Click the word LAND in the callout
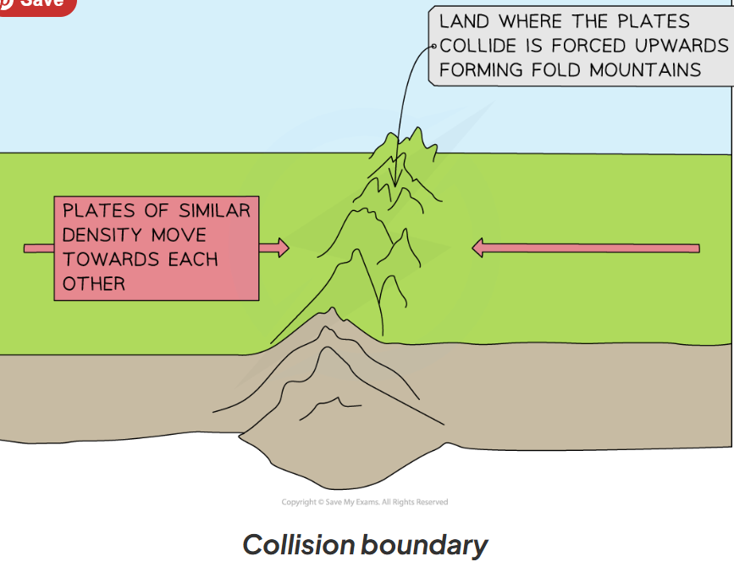(x=464, y=21)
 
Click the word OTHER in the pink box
(x=94, y=283)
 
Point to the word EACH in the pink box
(x=193, y=259)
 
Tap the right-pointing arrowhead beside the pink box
(x=281, y=248)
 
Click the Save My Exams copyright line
(x=365, y=502)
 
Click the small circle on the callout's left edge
(x=433, y=47)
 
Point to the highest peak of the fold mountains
(x=417, y=131)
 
